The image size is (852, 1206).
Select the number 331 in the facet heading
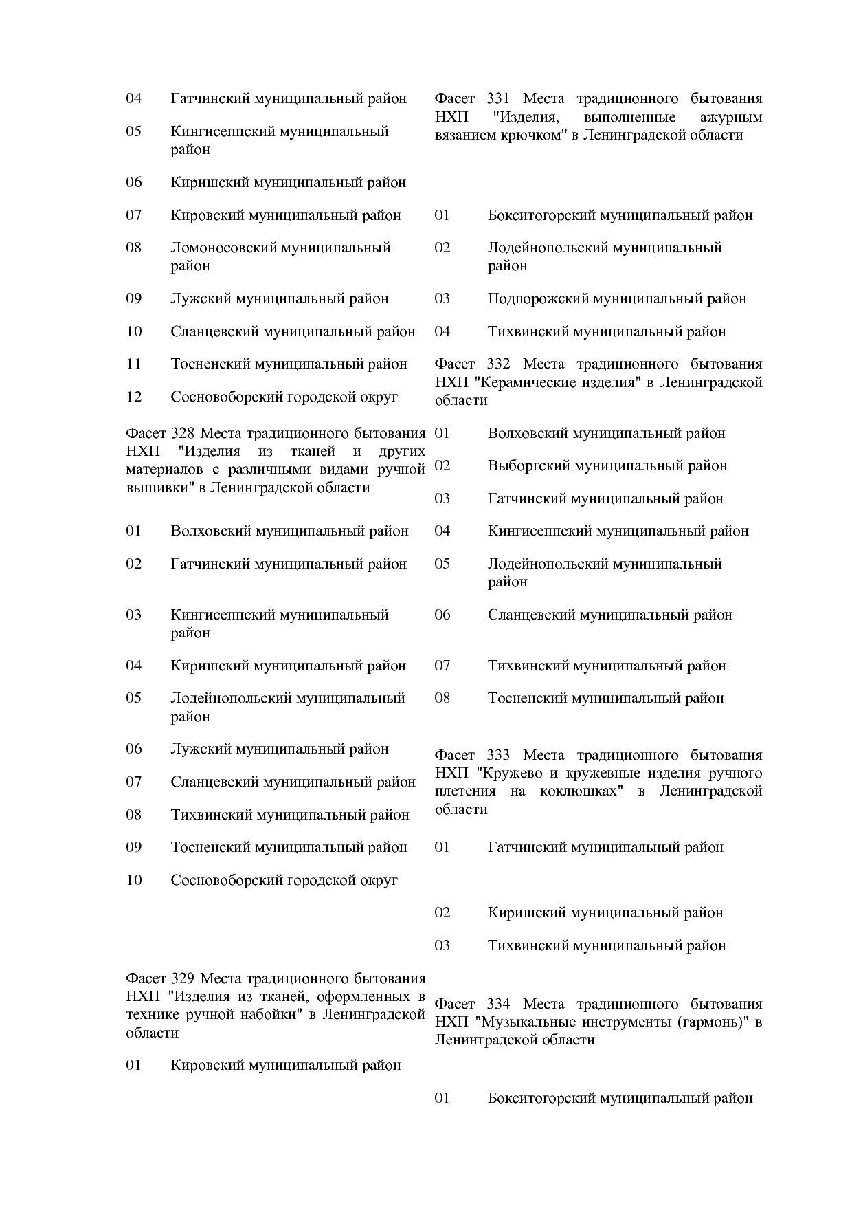[498, 98]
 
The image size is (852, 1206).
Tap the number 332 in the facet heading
[498, 364]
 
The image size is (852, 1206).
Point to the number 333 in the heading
[498, 755]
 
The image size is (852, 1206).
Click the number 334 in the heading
[498, 1004]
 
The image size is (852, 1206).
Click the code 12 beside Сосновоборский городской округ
[133, 397]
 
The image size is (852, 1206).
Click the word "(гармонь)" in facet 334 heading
[713, 1022]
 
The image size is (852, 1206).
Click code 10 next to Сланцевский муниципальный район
[133, 331]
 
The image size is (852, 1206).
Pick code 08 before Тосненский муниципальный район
[442, 698]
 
